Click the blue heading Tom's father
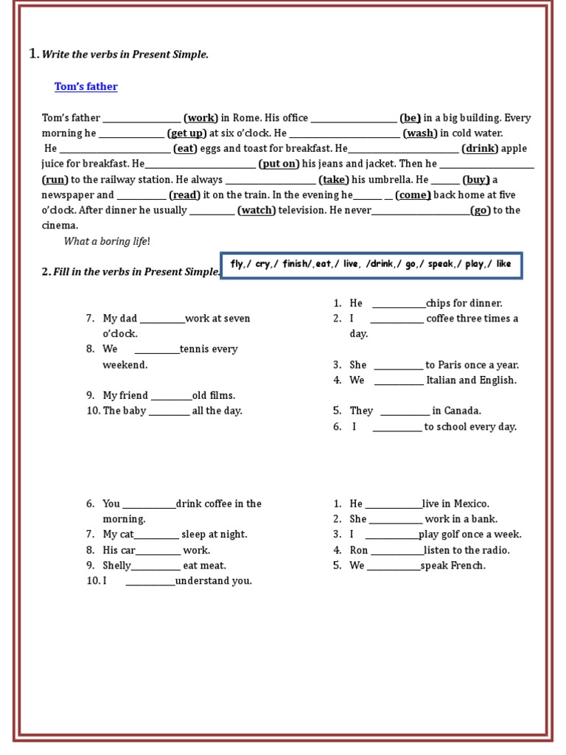[85, 87]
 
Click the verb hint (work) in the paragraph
[200, 118]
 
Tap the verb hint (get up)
[187, 133]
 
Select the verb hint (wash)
[420, 133]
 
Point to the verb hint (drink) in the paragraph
[481, 149]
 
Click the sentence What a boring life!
[107, 241]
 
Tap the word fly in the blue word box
[237, 264]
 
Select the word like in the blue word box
[504, 264]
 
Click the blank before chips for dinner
[399, 304]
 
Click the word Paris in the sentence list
[451, 365]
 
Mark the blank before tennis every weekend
[157, 349]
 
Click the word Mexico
[472, 504]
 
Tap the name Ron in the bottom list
[359, 550]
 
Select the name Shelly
[116, 566]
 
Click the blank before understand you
[150, 581]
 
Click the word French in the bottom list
[469, 566]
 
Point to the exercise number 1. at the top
[33, 53]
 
